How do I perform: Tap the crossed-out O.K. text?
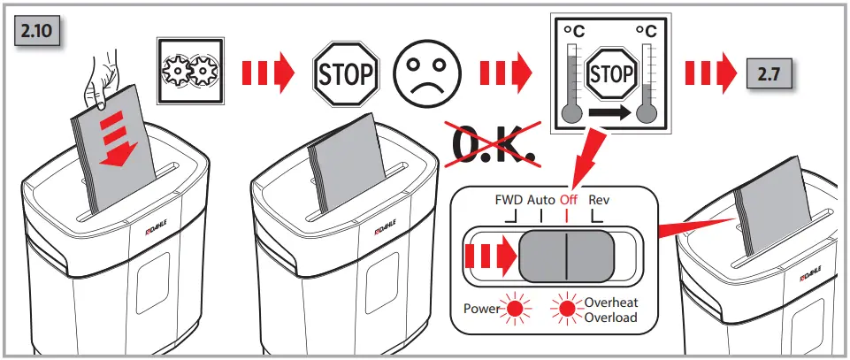pyautogui.click(x=494, y=145)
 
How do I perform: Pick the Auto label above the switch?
pyautogui.click(x=541, y=200)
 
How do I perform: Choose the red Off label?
pyautogui.click(x=568, y=200)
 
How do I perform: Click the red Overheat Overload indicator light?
pyautogui.click(x=566, y=310)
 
